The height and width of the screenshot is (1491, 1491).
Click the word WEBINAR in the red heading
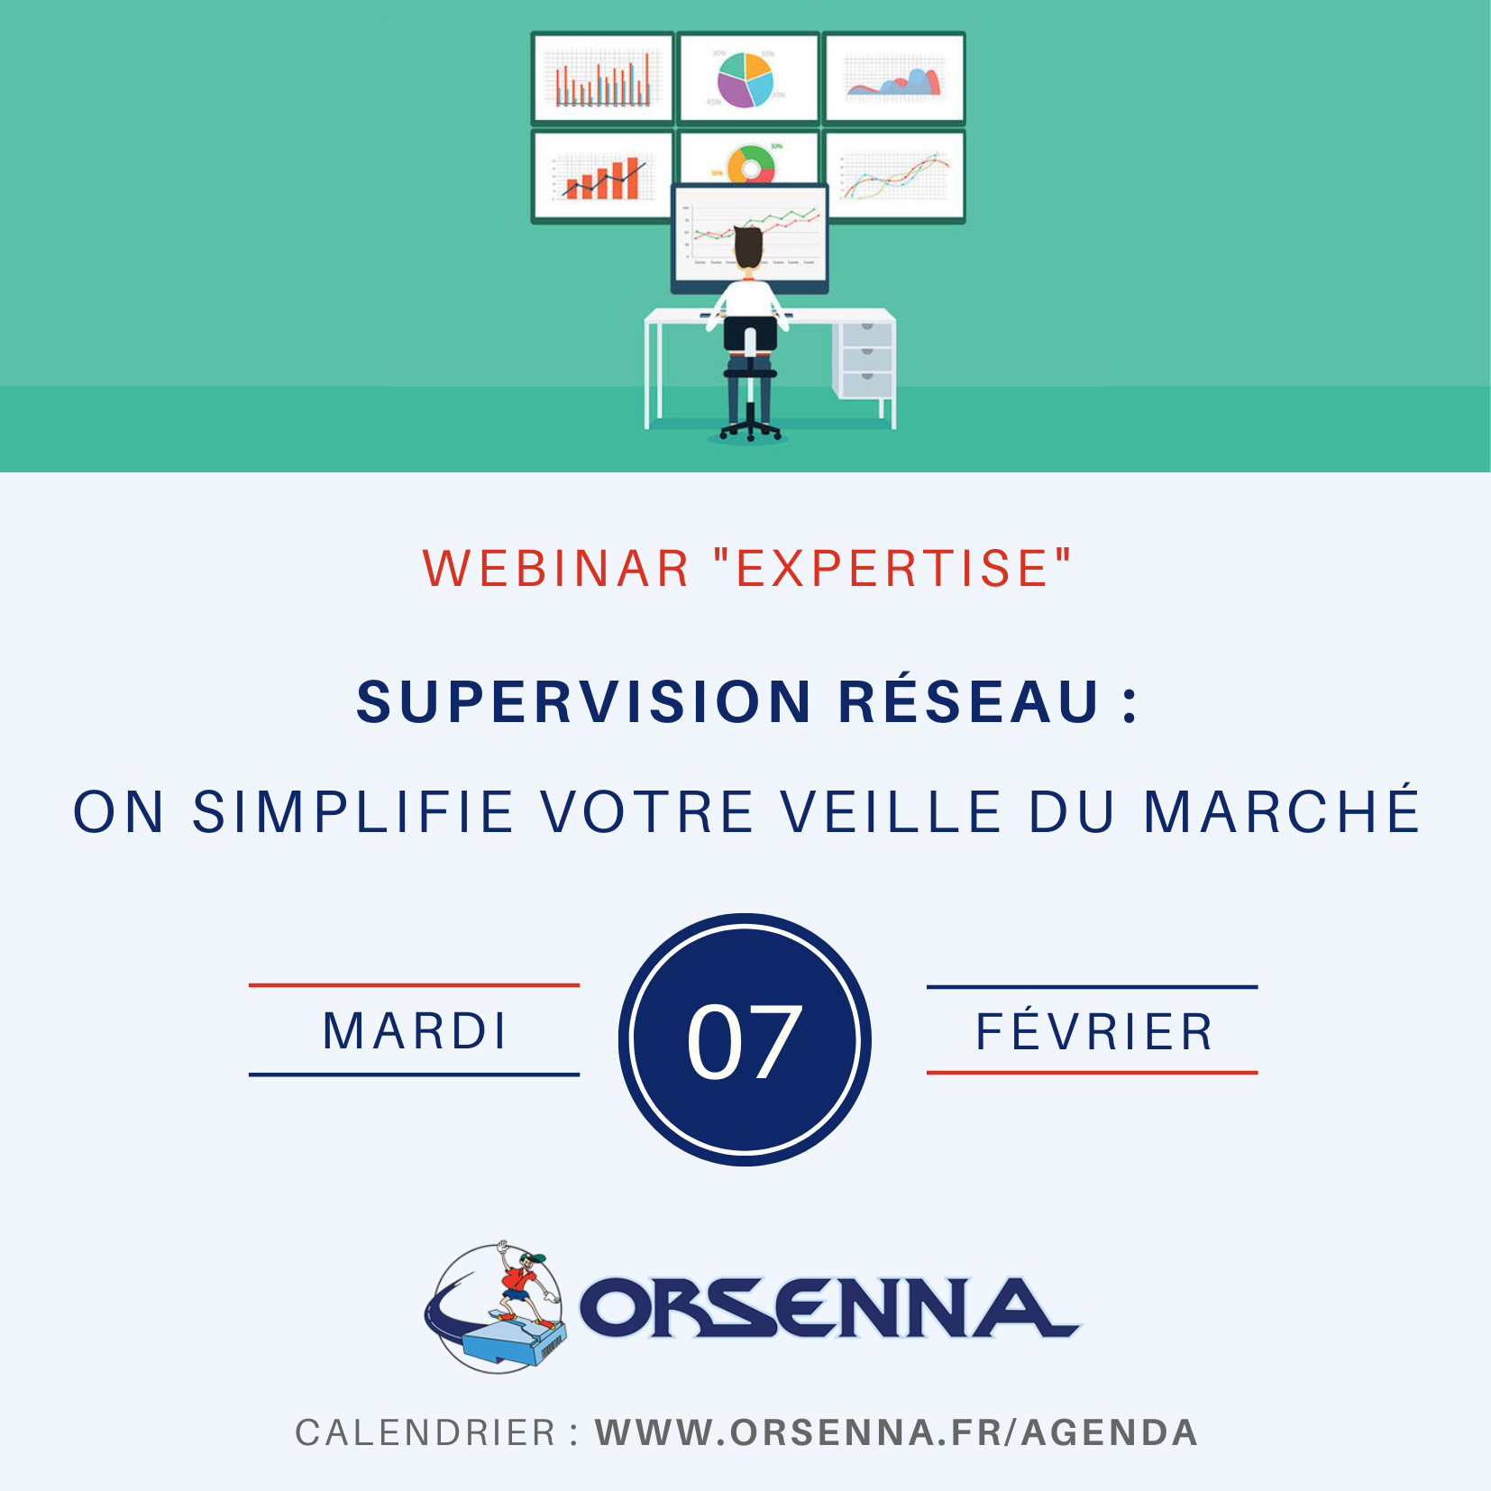(x=555, y=569)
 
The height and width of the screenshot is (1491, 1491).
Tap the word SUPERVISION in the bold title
(x=584, y=702)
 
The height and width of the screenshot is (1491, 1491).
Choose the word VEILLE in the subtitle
(x=892, y=812)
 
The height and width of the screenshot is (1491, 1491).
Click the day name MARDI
(x=415, y=1031)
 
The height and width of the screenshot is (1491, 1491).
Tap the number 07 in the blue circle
(x=745, y=1042)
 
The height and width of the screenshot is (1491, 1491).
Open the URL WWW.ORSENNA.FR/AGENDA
(x=896, y=1432)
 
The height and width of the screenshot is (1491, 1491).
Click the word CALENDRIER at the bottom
(x=425, y=1432)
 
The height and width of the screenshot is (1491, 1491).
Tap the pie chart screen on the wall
(x=748, y=78)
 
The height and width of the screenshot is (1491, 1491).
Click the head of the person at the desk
(x=748, y=248)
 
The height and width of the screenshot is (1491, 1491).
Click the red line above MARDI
(x=414, y=985)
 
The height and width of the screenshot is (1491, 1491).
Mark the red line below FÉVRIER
(x=1092, y=1073)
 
